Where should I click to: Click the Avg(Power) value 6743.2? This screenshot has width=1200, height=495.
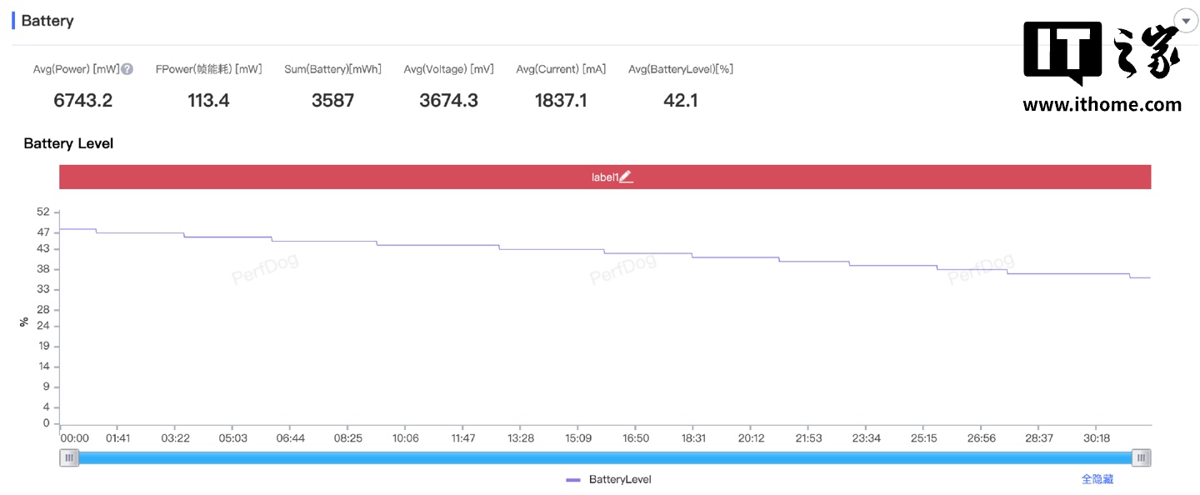point(82,101)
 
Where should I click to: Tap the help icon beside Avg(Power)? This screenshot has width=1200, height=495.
point(127,69)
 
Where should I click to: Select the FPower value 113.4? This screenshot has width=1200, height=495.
point(208,101)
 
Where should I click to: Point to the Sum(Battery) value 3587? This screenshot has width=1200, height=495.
point(332,101)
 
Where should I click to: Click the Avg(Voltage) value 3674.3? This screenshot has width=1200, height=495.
point(448,101)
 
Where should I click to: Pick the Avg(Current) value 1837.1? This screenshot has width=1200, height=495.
point(560,101)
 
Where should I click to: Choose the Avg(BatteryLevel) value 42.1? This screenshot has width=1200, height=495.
point(681,101)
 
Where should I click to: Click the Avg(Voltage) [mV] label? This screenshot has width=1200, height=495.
point(448,69)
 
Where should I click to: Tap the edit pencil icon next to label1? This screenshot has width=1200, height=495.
point(627,177)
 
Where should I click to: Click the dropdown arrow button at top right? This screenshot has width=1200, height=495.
point(1186,21)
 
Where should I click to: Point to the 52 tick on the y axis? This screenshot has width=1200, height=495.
point(43,212)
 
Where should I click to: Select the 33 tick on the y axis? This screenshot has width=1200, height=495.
point(43,289)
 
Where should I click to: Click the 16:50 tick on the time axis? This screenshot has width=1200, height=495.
point(636,438)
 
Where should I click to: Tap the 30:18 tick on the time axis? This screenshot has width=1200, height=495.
point(1097,438)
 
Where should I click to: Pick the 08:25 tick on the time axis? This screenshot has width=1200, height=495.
point(348,438)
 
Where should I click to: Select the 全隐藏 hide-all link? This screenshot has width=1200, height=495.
point(1097,479)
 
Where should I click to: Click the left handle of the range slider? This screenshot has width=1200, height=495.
point(69,457)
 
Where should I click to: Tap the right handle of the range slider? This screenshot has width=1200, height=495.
point(1142,457)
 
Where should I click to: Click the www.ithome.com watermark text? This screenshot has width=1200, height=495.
point(1102,105)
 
